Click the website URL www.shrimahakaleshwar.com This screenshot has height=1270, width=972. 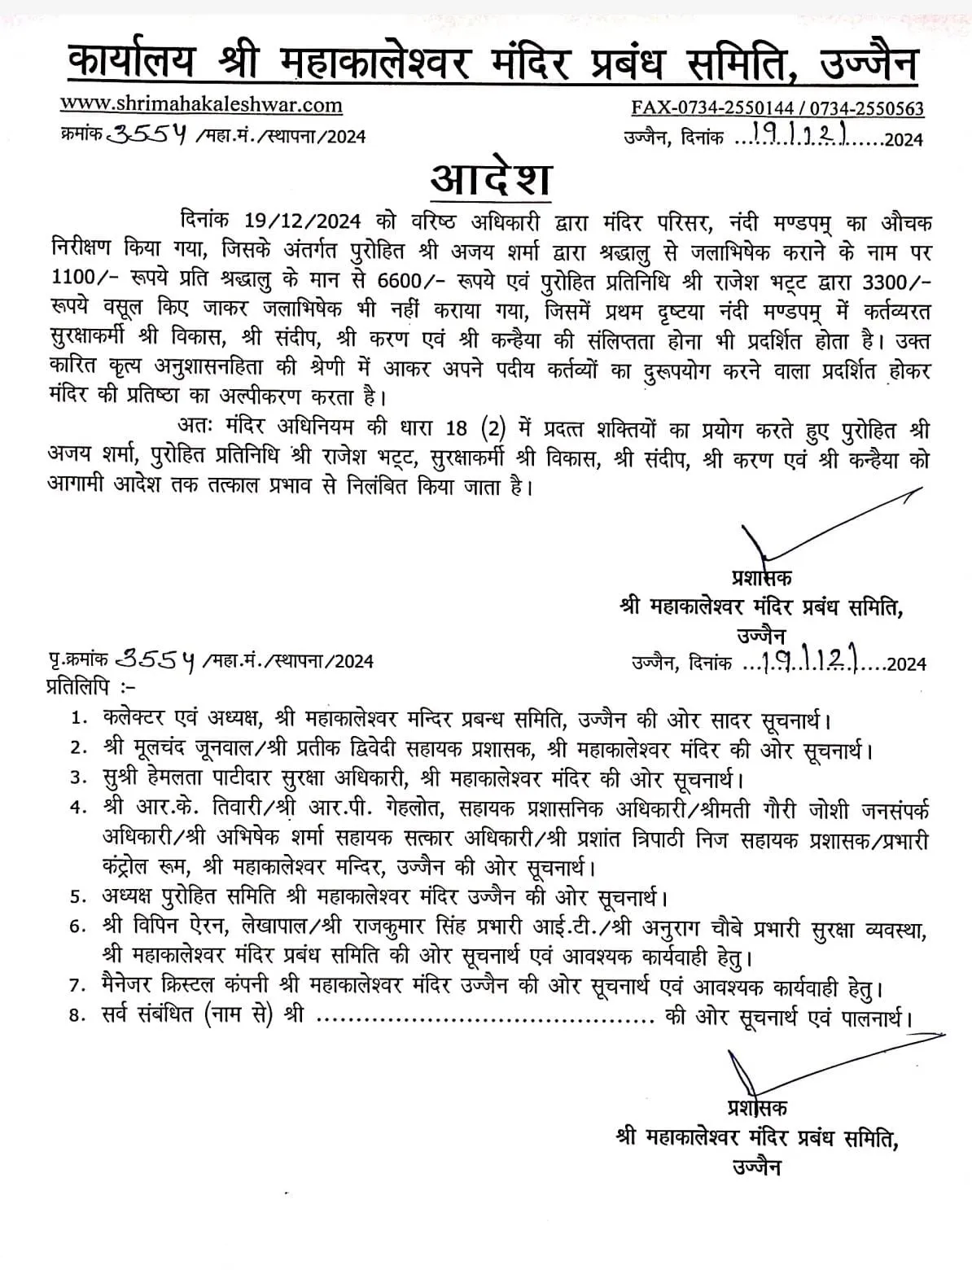(201, 105)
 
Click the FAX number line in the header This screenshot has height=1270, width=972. (777, 108)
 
